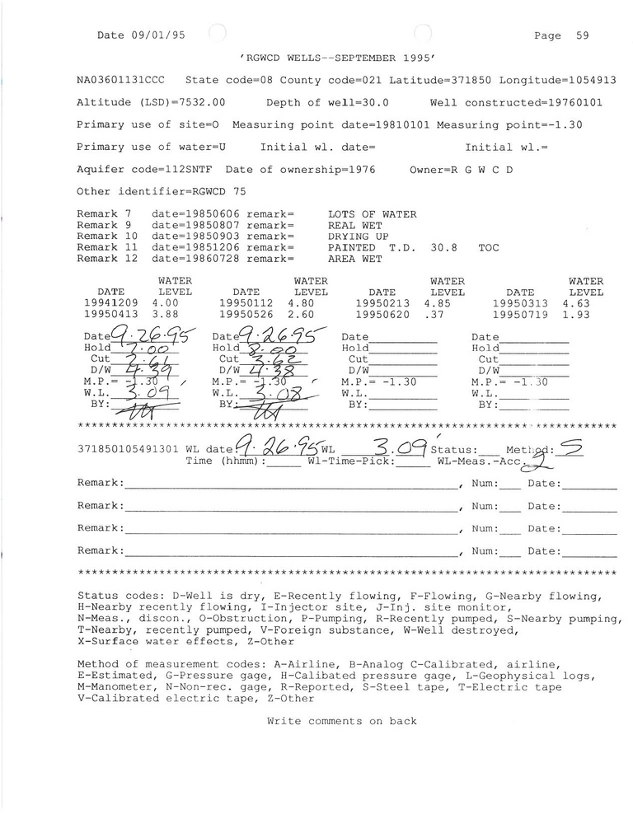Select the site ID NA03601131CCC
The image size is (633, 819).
click(120, 80)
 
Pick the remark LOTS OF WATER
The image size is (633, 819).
click(372, 214)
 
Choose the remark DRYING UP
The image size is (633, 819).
click(359, 236)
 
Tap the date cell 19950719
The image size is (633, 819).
click(520, 315)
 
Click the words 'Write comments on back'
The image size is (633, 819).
click(341, 721)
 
